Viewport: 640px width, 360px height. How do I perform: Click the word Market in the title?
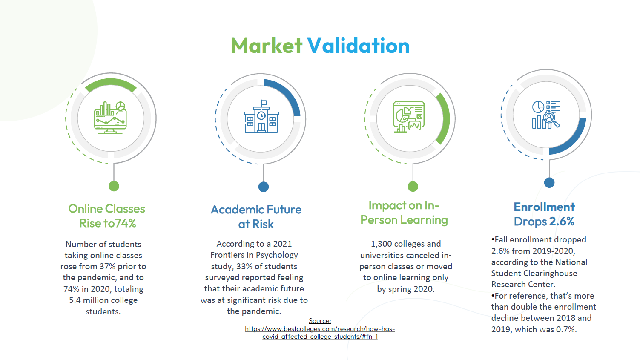[x=267, y=46]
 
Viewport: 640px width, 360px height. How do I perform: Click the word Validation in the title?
[x=358, y=46]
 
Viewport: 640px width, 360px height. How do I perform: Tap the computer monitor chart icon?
[x=111, y=118]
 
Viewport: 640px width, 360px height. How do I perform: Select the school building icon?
[x=261, y=116]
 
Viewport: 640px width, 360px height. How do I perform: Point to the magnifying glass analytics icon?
[x=546, y=114]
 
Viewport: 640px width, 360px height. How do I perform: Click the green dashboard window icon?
[x=409, y=117]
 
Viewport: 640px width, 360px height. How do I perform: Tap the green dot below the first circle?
[x=114, y=186]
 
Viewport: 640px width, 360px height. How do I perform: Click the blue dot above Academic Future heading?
[x=264, y=187]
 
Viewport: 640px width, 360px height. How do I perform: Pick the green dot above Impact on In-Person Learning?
[x=413, y=187]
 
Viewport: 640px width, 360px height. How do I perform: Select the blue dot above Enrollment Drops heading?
[x=549, y=182]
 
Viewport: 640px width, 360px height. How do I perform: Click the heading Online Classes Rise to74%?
[x=107, y=216]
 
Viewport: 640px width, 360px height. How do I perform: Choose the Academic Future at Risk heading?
[x=256, y=217]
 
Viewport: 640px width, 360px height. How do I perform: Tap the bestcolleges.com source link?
[x=320, y=333]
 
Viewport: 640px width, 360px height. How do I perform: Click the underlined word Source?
[x=320, y=321]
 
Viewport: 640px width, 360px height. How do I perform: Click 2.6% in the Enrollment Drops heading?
[x=562, y=222]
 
